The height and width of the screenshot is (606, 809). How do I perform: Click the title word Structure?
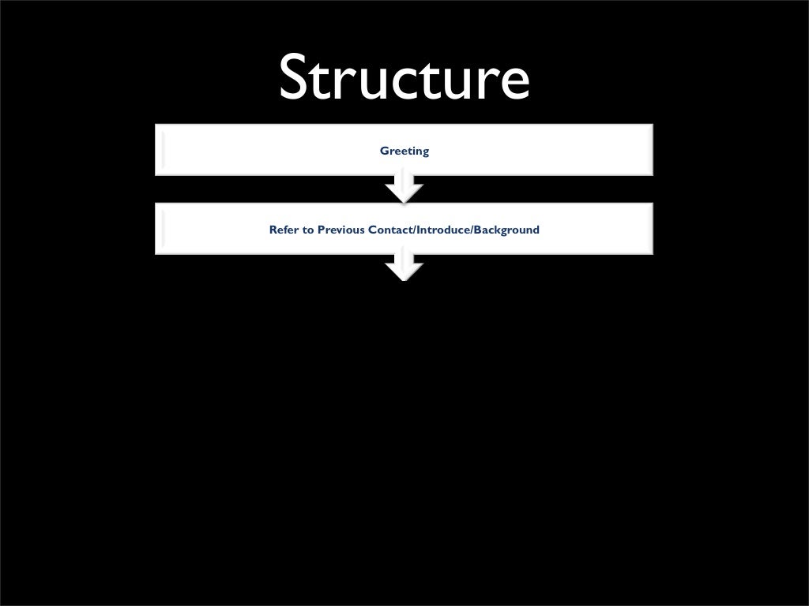404,78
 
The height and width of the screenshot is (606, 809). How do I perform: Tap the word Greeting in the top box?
404,151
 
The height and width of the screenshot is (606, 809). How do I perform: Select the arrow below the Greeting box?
404,189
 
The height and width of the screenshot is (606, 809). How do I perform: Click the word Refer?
283,230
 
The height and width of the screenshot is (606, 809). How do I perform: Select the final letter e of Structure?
514,83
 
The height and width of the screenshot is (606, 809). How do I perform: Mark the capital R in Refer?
273,230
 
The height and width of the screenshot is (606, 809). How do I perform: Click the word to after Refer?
308,230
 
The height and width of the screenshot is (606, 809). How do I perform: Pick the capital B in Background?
478,230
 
